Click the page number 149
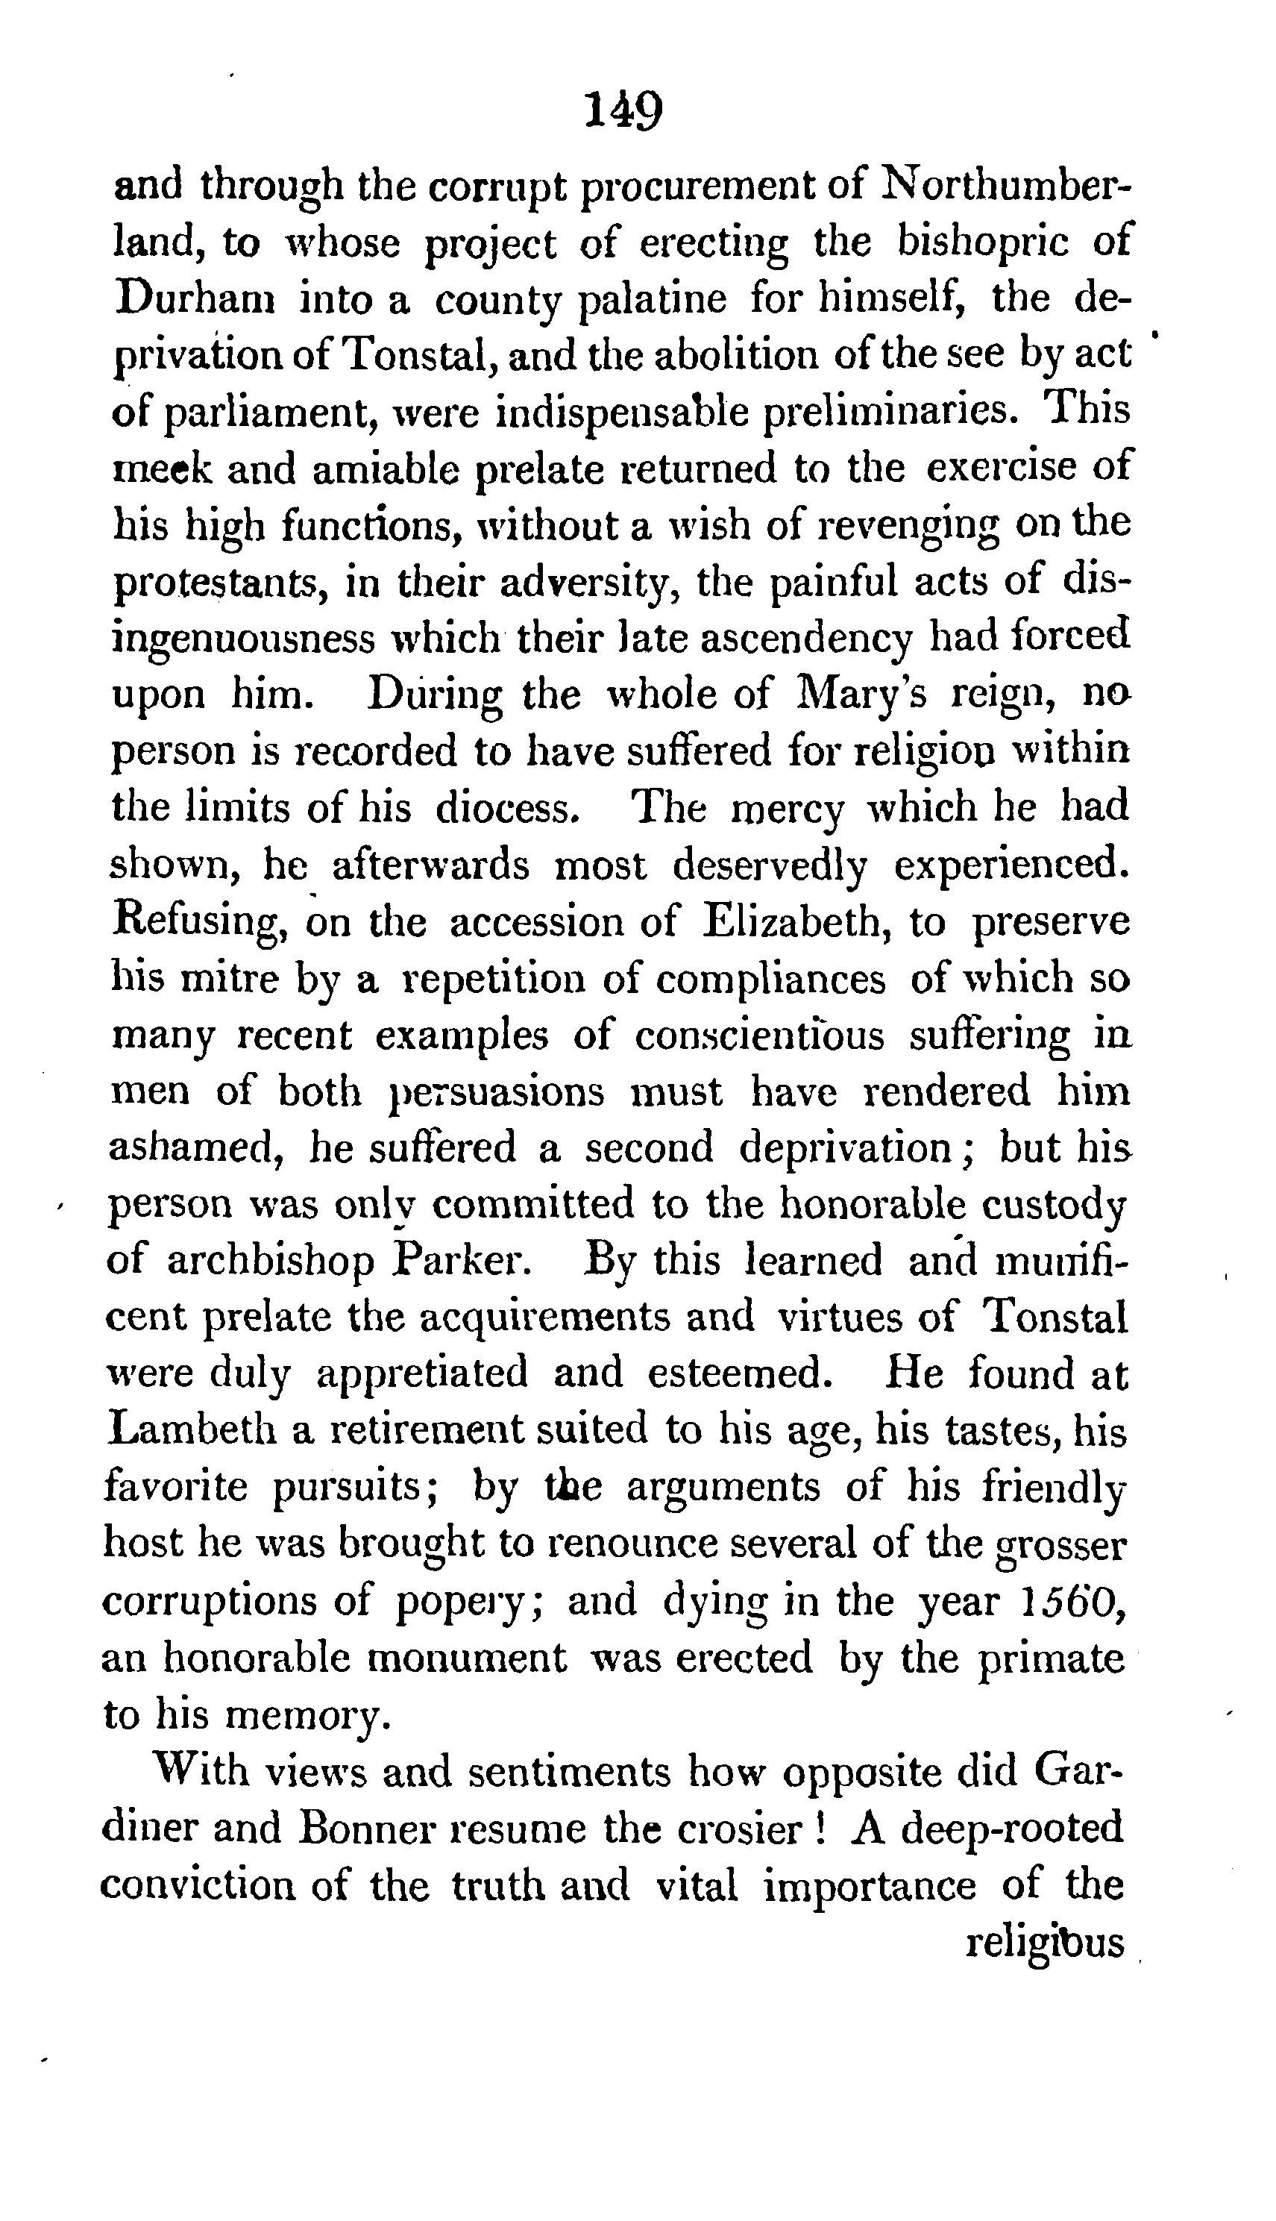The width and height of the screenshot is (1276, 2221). click(x=623, y=111)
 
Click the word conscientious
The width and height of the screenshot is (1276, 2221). click(x=759, y=1036)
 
